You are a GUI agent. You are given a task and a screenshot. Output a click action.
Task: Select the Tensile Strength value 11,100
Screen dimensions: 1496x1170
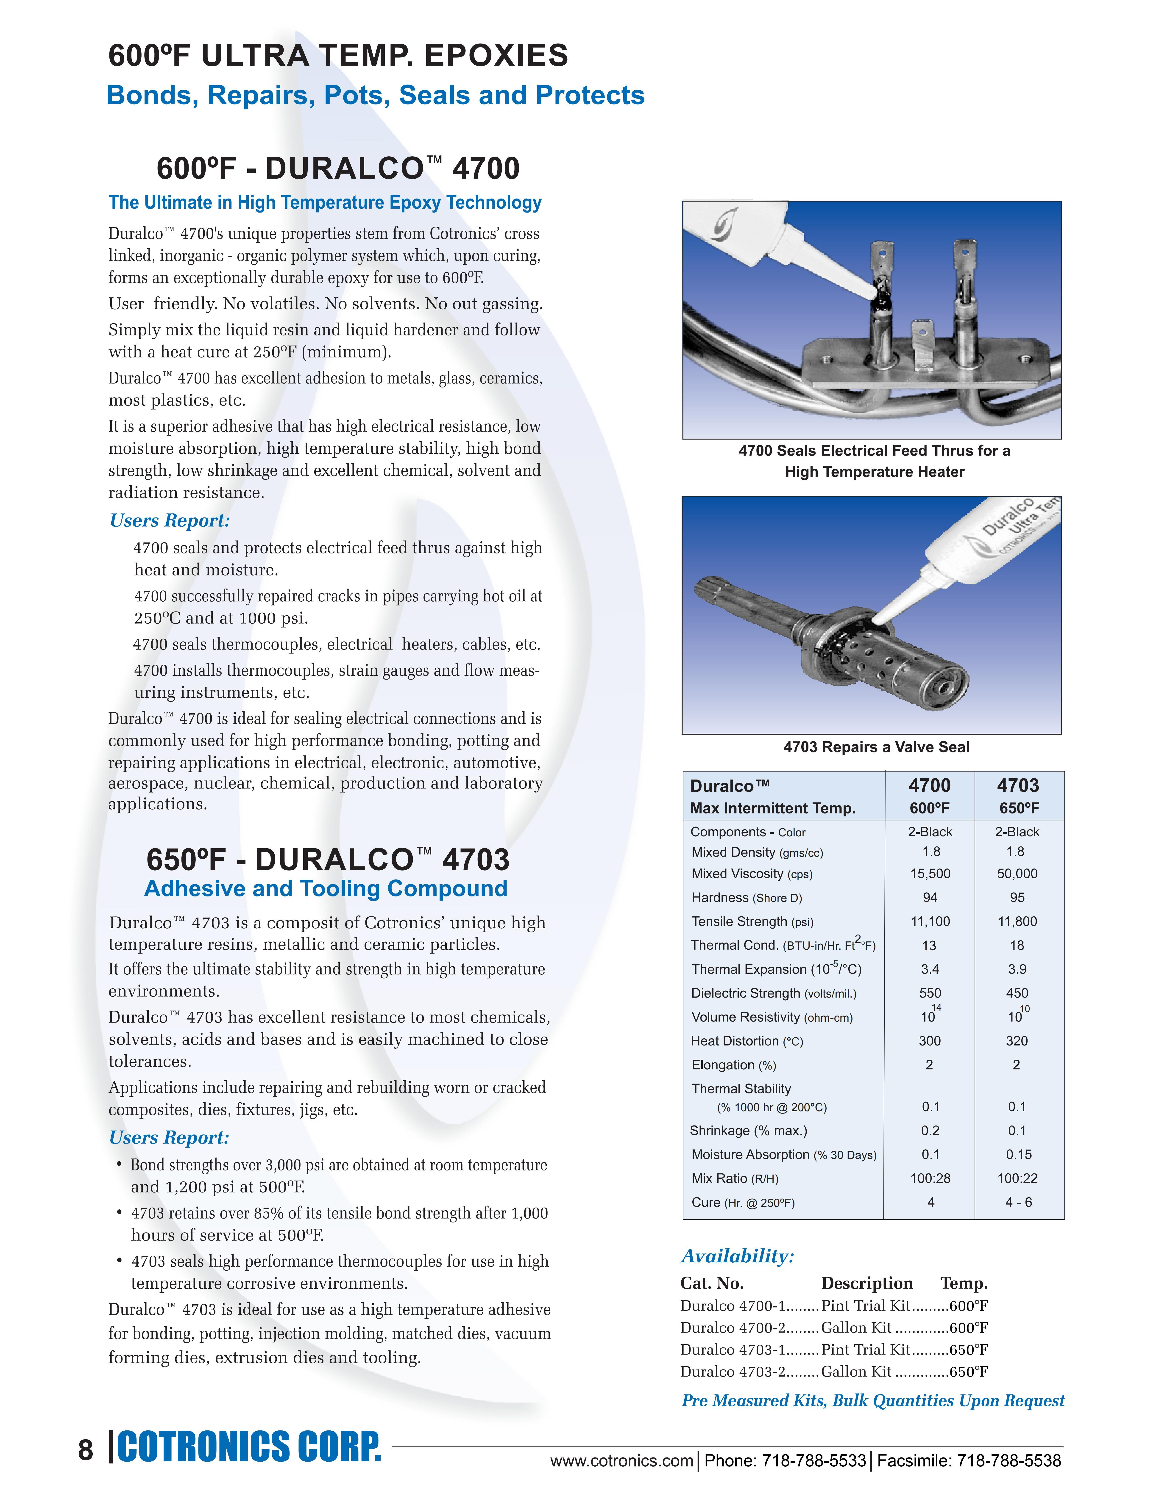click(930, 921)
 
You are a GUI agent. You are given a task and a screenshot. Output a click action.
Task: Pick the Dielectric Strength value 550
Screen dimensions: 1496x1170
click(930, 993)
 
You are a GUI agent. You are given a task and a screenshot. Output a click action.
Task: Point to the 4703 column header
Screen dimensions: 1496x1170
click(1018, 786)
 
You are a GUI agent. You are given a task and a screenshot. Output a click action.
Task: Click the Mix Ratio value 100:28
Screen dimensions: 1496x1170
click(930, 1178)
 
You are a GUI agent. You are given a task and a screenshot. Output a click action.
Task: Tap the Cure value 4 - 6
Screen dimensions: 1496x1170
click(1018, 1202)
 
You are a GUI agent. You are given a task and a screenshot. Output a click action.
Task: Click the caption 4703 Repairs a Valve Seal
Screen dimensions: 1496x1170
click(876, 747)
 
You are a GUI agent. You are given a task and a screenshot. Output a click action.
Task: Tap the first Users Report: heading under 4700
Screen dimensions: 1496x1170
click(169, 521)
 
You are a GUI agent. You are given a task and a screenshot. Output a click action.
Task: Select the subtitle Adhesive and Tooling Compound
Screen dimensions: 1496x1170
click(326, 888)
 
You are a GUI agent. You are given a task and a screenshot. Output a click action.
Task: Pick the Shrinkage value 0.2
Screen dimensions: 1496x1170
click(930, 1130)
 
